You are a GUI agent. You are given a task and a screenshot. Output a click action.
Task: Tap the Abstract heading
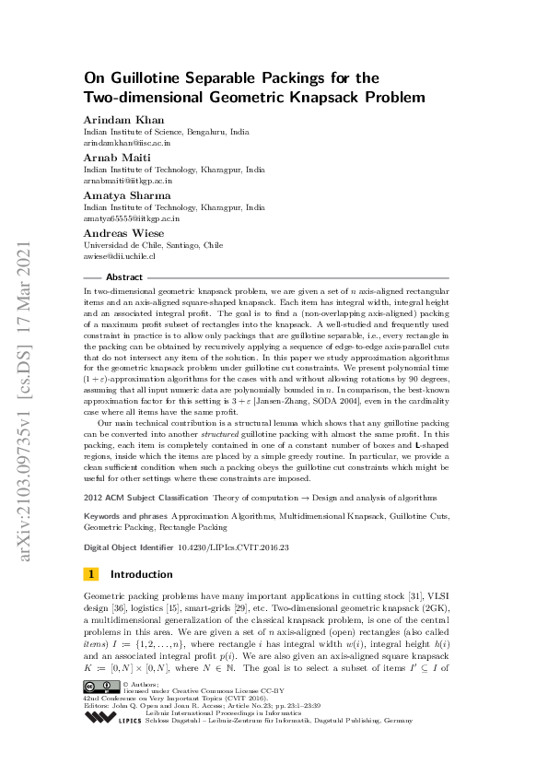[x=124, y=276]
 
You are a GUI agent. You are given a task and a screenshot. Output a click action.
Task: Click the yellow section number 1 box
[x=91, y=574]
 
